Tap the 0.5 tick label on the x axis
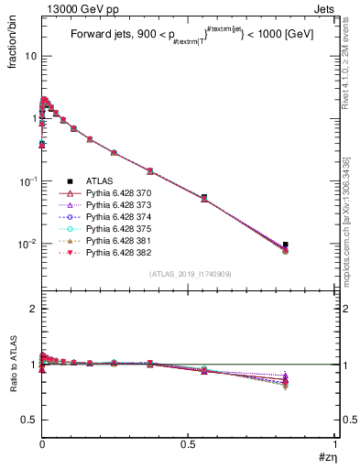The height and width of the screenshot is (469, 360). pyautogui.click(x=189, y=444)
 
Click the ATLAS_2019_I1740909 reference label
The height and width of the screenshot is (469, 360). pyautogui.click(x=189, y=274)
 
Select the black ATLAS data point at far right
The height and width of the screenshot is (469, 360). pyautogui.click(x=286, y=245)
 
